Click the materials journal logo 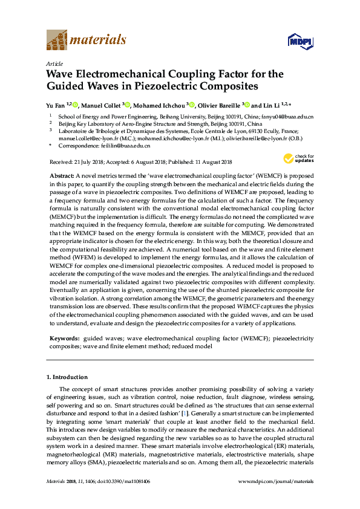[x=86, y=40]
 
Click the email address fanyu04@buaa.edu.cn [x=287, y=116]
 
